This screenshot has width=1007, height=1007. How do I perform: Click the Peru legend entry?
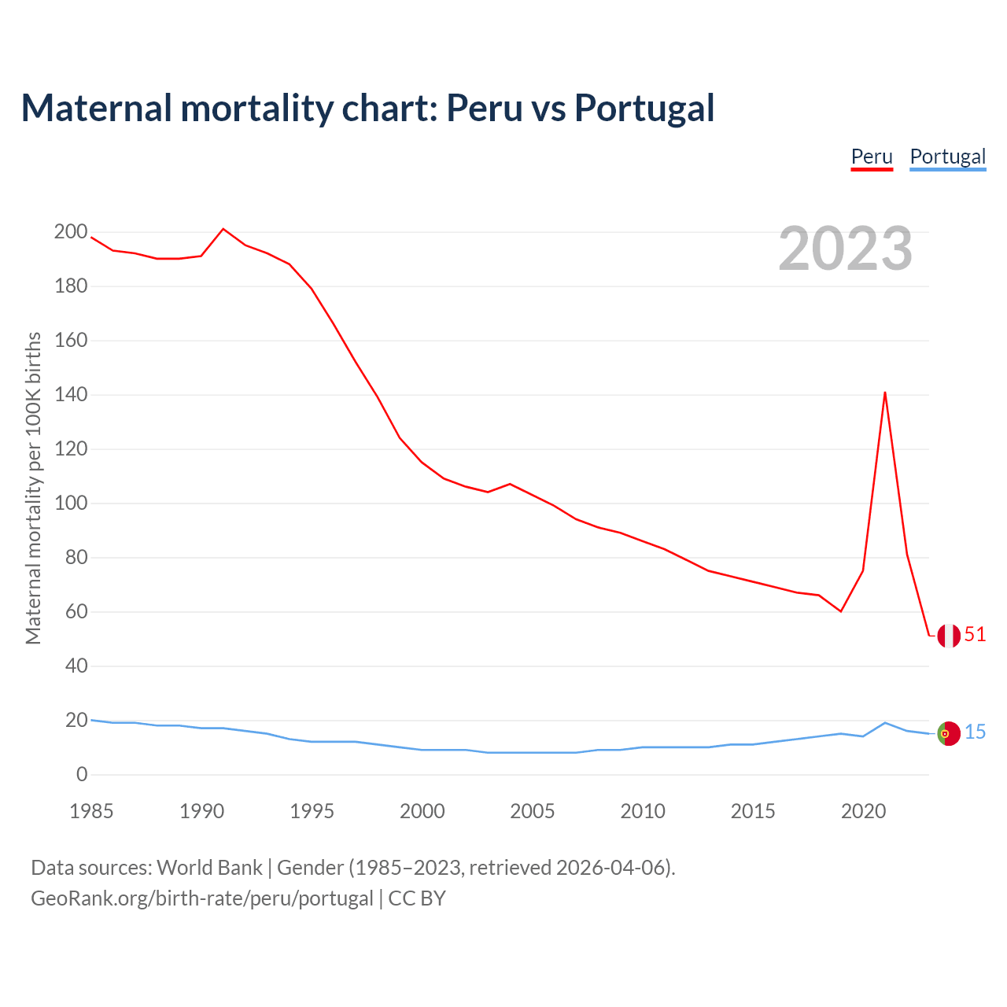pos(872,157)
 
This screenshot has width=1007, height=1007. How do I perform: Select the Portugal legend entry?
pos(947,157)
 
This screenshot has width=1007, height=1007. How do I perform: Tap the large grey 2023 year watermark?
pos(846,249)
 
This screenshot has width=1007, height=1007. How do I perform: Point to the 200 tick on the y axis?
pos(71,232)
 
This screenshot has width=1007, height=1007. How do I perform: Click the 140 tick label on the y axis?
pos(71,395)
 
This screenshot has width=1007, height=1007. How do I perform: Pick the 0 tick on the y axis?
pos(82,775)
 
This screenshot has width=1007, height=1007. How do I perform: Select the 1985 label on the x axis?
pos(91,811)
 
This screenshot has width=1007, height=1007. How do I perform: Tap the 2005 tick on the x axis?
pos(533,811)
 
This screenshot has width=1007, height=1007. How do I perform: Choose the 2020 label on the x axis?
pos(863,811)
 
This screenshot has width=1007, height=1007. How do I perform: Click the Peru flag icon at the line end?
pos(949,636)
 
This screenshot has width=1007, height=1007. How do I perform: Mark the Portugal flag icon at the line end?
pos(949,733)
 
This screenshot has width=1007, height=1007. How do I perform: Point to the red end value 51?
pos(975,635)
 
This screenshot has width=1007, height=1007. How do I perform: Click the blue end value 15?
pos(975,732)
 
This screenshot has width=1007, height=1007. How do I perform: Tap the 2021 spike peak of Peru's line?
pos(885,393)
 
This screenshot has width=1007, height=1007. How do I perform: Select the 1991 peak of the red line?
pos(223,229)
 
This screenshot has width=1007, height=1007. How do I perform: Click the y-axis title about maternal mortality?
pos(33,489)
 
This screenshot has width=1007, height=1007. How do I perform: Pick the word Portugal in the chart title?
pos(644,108)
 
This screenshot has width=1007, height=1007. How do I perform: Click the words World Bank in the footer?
pos(209,868)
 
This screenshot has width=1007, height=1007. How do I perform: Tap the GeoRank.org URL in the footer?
pos(201,898)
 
